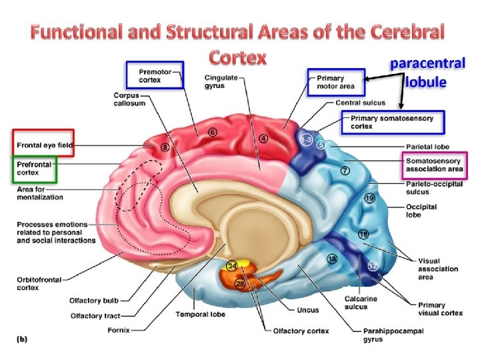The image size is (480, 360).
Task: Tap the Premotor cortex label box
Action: click(155, 75)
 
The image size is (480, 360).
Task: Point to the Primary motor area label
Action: click(336, 82)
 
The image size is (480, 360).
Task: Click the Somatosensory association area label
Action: click(435, 165)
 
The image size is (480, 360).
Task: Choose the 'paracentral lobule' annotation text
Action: click(427, 73)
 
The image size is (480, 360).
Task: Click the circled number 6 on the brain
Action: click(213, 133)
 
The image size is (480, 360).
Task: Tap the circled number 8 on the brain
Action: click(165, 146)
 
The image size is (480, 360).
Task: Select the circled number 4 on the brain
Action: click(264, 139)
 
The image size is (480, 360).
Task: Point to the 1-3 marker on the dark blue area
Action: click(306, 140)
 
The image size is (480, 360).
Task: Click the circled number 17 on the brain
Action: click(373, 266)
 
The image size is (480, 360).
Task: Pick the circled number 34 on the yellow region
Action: click(232, 266)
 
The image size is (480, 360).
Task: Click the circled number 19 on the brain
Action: click(369, 198)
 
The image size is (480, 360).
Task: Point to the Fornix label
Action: click(120, 329)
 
